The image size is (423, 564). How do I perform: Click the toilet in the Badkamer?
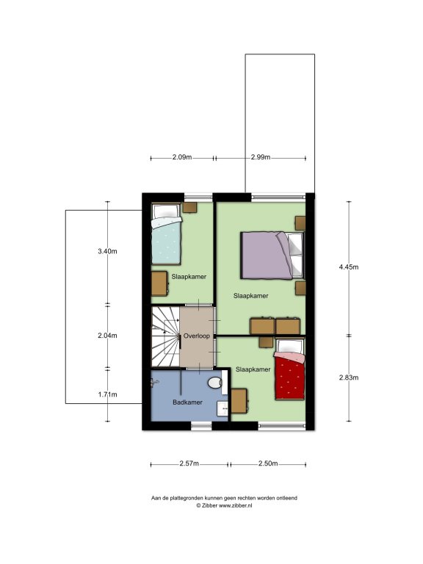click(214, 383)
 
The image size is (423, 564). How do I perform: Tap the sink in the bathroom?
click(223, 409)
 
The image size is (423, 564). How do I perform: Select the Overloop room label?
click(196, 336)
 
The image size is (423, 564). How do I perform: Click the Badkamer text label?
click(187, 402)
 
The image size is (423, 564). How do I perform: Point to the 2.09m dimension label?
click(182, 157)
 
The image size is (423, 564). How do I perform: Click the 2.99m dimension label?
click(261, 157)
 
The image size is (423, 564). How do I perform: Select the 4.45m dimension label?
click(349, 267)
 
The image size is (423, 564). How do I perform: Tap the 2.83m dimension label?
click(349, 377)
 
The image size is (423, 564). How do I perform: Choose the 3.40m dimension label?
click(107, 251)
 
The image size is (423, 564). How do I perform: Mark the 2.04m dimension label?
click(107, 335)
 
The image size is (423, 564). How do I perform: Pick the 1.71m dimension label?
click(107, 394)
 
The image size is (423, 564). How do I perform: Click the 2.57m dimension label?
click(189, 463)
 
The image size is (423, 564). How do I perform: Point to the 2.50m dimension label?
click(268, 463)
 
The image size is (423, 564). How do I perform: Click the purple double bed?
click(272, 256)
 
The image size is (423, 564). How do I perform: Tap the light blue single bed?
click(166, 234)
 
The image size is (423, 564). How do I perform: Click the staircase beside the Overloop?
click(165, 336)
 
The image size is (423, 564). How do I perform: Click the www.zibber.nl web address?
click(236, 505)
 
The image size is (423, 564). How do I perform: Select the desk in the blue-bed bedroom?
click(159, 283)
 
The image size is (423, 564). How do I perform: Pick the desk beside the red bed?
click(239, 401)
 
